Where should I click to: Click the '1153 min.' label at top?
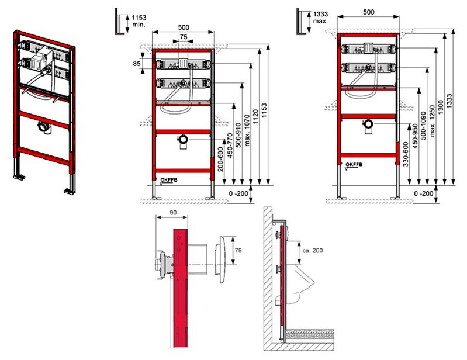(x=139, y=21)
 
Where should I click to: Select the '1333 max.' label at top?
(x=320, y=18)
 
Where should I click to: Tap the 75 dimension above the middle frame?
(x=184, y=37)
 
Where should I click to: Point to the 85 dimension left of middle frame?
(x=137, y=64)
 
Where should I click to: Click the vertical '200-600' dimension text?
(x=220, y=160)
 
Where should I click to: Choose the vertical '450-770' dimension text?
(x=230, y=146)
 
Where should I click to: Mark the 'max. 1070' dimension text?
(x=247, y=130)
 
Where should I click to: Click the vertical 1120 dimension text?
(x=255, y=117)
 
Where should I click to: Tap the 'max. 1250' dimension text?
(x=432, y=120)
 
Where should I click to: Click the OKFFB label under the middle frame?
(x=169, y=180)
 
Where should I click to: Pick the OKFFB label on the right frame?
(x=354, y=164)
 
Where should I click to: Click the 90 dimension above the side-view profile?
(x=173, y=213)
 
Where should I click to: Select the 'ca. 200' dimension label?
(x=313, y=251)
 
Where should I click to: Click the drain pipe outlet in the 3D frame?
(x=45, y=128)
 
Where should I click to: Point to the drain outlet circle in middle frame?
(x=183, y=139)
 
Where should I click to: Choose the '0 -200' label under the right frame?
(x=424, y=193)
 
